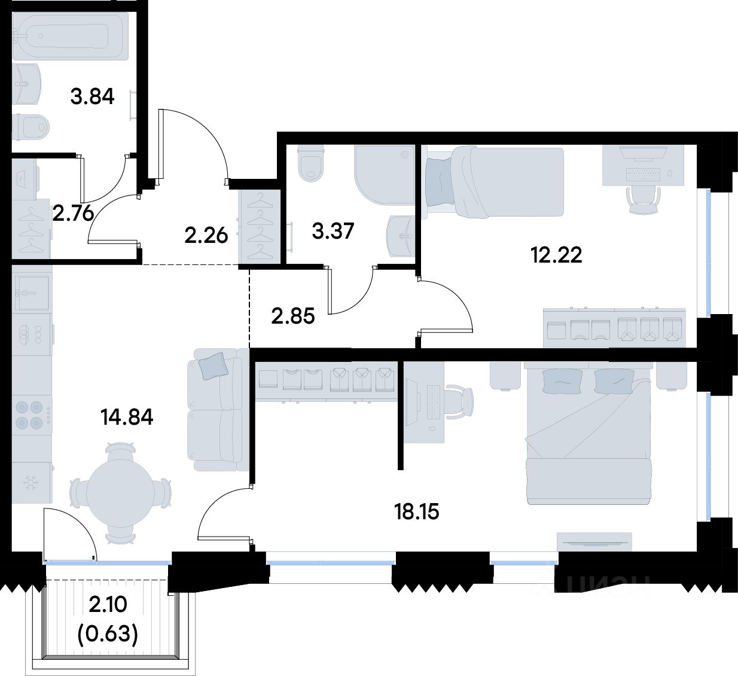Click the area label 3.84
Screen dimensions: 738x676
click(92, 97)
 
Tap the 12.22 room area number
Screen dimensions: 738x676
click(556, 255)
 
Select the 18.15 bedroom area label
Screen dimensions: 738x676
click(416, 511)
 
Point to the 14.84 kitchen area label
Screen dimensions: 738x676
click(127, 418)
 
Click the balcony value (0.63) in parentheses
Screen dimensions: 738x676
click(108, 634)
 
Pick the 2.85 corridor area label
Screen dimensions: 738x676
click(293, 316)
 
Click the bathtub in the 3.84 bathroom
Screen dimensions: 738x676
click(70, 36)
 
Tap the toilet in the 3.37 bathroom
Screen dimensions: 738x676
click(312, 163)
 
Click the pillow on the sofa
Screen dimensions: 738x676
click(212, 366)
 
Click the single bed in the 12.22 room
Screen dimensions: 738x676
click(495, 181)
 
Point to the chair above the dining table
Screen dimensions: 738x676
click(120, 450)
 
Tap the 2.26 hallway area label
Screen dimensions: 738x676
click(206, 236)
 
